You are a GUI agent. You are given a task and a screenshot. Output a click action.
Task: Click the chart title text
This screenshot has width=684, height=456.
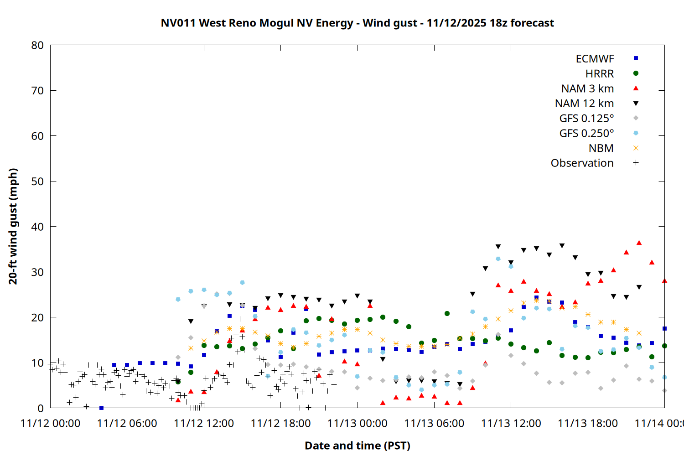[x=357, y=23]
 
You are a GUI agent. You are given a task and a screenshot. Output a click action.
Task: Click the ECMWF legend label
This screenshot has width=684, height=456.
[x=595, y=59]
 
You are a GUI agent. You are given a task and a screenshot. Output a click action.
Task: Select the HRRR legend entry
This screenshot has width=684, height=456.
[x=600, y=74]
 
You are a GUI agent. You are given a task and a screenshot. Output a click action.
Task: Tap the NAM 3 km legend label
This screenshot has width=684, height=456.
[x=587, y=88]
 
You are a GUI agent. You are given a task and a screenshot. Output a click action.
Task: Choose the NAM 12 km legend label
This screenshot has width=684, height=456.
[x=584, y=104]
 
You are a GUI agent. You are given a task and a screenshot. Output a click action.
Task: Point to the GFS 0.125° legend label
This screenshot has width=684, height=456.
[x=586, y=119]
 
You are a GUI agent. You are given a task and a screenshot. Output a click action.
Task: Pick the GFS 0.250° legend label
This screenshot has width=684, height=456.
[x=586, y=134]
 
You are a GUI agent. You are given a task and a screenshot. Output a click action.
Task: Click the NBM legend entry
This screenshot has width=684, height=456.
[x=601, y=148]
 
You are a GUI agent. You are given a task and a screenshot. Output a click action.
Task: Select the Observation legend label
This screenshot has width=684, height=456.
[x=582, y=163]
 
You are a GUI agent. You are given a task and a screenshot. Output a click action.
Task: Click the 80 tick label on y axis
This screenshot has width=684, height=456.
[x=37, y=45]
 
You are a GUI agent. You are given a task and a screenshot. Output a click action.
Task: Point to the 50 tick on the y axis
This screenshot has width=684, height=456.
[x=37, y=181]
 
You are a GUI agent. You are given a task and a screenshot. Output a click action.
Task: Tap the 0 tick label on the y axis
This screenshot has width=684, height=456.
[x=41, y=408]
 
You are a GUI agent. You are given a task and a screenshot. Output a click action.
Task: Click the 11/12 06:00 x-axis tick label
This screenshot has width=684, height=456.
[x=127, y=423]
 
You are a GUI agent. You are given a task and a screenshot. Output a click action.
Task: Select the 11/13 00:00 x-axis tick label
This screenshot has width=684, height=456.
[x=357, y=423]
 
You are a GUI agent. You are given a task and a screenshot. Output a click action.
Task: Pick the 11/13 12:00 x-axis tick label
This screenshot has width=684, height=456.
[x=511, y=423]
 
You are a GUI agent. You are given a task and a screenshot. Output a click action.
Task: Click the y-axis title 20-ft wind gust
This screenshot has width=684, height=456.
[x=13, y=226]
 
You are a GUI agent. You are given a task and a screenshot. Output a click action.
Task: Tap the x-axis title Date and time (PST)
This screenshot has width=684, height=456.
[x=357, y=446]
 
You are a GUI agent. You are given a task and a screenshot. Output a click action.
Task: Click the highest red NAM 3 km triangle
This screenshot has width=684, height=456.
[x=639, y=243]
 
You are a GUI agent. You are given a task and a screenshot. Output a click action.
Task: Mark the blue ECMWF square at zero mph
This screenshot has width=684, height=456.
[x=101, y=408]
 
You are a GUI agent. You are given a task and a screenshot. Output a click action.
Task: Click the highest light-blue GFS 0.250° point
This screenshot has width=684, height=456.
[x=498, y=259]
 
